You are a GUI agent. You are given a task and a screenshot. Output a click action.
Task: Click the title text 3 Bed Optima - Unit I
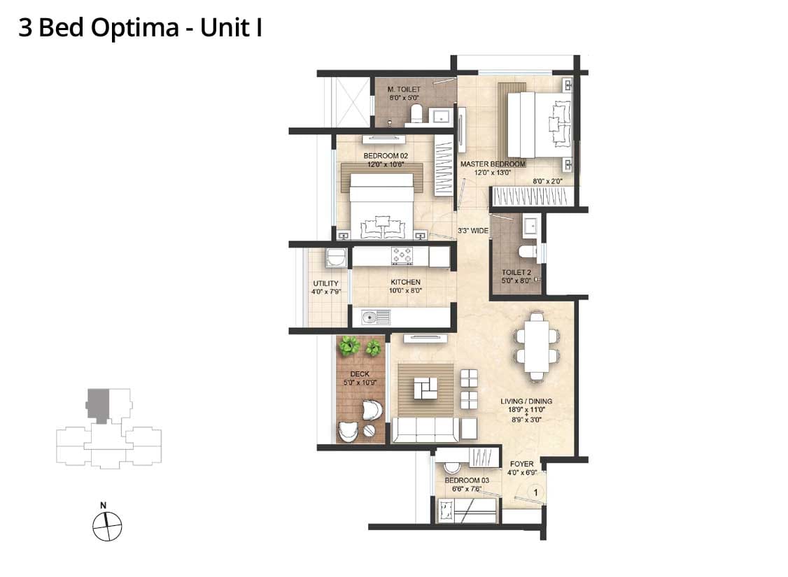coord(140,28)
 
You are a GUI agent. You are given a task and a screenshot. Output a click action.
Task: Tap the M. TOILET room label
coord(404,90)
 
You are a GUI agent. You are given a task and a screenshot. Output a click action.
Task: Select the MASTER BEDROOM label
coord(493,164)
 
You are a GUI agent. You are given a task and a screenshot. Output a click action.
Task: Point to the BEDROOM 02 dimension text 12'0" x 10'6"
coord(386,164)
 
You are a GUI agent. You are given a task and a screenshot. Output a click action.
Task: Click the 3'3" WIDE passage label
coord(473,231)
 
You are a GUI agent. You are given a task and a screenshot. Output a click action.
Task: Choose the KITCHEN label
coord(406,283)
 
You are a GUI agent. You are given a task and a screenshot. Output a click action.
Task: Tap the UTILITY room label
coord(325,283)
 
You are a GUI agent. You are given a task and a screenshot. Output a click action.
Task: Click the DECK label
coord(360,373)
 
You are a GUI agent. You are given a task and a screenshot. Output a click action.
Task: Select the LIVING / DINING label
coord(526,401)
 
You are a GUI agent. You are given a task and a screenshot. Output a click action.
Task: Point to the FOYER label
coord(522,464)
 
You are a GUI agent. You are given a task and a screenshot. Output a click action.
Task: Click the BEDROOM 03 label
coord(467,480)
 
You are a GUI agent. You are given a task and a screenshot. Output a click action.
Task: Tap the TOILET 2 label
coord(516,272)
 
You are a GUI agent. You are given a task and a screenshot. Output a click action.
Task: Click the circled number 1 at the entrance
coord(536,492)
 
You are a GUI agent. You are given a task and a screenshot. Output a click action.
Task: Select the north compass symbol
coord(107,526)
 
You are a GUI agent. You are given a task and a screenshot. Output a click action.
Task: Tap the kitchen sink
coord(376,318)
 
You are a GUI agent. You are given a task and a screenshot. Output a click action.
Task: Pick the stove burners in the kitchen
coord(402,255)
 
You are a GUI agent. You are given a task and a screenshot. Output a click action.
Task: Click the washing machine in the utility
coord(335,257)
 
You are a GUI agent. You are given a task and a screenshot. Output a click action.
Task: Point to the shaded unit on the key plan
coord(98,405)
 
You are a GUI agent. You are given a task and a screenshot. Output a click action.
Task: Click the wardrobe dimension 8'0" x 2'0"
coord(548,181)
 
